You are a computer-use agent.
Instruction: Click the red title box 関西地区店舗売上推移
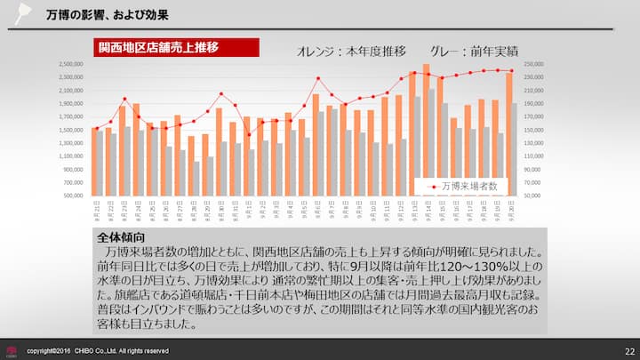(x=176, y=47)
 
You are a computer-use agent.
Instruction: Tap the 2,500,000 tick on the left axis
(x=72, y=64)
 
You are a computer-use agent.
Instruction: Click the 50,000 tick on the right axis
(x=532, y=195)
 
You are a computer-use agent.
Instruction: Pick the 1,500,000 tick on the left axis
(x=72, y=130)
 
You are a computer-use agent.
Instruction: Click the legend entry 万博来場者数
(x=468, y=187)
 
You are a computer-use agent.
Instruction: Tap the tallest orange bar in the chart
(x=426, y=129)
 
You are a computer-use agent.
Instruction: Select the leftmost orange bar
(x=94, y=161)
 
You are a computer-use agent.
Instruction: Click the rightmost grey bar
(x=513, y=148)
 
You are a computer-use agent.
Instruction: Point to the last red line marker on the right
(x=510, y=71)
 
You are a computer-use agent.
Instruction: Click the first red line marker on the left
(x=95, y=130)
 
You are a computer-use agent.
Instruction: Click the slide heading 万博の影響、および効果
(x=108, y=15)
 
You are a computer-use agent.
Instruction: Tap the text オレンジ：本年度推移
(x=351, y=51)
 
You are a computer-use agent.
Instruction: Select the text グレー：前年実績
(x=474, y=51)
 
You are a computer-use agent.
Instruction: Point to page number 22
(x=628, y=351)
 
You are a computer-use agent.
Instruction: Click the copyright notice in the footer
(x=97, y=351)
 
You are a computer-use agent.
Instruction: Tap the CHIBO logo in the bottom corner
(x=11, y=351)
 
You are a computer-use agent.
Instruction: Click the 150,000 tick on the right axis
(x=533, y=130)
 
